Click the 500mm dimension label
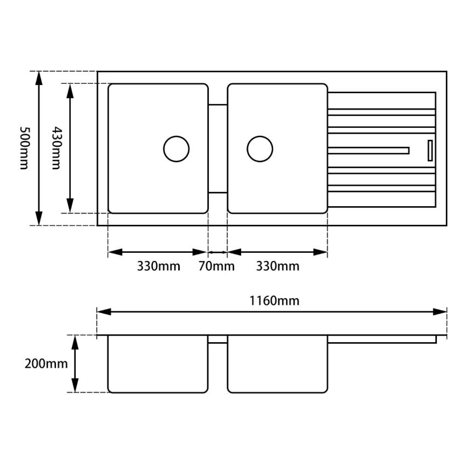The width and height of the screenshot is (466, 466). [x=24, y=149]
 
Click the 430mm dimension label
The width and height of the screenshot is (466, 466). [x=56, y=149]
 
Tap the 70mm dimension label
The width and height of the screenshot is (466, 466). [x=216, y=266]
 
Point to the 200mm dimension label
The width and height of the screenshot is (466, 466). [x=46, y=363]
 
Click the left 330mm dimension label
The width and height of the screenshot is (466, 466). [x=158, y=266]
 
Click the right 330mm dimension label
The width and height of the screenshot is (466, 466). [x=278, y=266]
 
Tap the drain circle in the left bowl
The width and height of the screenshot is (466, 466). [x=177, y=148]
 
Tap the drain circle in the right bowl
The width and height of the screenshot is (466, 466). [x=260, y=148]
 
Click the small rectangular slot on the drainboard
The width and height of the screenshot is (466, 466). [x=430, y=150]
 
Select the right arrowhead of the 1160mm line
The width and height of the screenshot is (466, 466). [x=441, y=311]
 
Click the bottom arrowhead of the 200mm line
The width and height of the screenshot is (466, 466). [x=75, y=387]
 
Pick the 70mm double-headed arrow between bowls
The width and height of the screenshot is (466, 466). [x=218, y=252]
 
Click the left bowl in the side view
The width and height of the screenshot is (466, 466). [x=158, y=364]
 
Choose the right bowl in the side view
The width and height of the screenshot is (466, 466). [x=277, y=364]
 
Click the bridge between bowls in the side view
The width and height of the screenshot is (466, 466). [x=218, y=339]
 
